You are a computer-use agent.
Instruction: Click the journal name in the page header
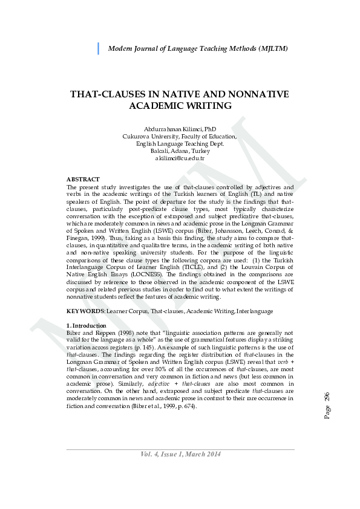click(197, 48)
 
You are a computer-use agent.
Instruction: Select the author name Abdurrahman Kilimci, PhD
click(180, 129)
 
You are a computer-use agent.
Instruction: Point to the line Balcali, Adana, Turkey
click(180, 151)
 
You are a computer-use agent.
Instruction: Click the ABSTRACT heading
click(83, 180)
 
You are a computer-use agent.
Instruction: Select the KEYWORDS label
click(85, 311)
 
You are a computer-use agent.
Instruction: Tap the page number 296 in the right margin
click(327, 400)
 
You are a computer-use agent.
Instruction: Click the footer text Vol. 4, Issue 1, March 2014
click(180, 454)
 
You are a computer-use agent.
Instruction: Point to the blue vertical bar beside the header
click(98, 48)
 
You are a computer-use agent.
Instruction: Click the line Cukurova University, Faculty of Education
click(180, 137)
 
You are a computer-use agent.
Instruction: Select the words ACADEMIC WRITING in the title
click(180, 105)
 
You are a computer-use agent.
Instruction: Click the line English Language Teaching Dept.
click(180, 143)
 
